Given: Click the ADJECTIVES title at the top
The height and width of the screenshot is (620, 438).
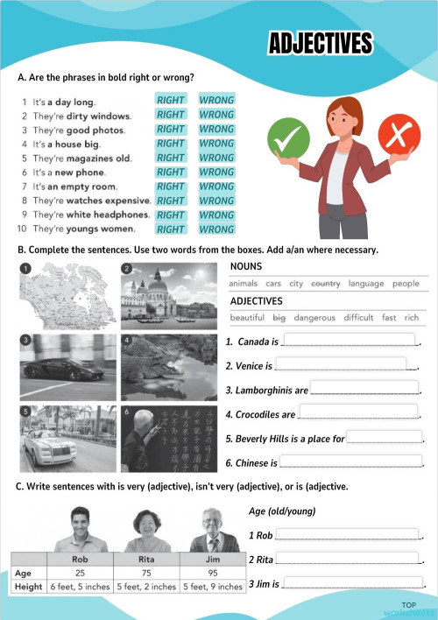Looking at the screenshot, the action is pyautogui.click(x=320, y=44).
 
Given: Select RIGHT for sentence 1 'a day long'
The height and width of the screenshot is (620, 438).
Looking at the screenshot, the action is pyautogui.click(x=170, y=100).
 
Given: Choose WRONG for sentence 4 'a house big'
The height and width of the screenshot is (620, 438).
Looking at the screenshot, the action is pyautogui.click(x=216, y=143).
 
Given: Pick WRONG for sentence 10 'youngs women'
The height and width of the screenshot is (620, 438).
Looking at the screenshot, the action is pyautogui.click(x=216, y=229).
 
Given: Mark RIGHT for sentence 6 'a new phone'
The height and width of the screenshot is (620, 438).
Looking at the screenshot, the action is pyautogui.click(x=170, y=172).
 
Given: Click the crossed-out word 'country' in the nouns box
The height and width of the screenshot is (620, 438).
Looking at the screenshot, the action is pyautogui.click(x=325, y=284).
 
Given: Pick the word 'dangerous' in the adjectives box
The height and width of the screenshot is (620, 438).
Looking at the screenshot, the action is pyautogui.click(x=314, y=317).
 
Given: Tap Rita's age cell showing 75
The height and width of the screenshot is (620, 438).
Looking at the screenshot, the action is pyautogui.click(x=146, y=573).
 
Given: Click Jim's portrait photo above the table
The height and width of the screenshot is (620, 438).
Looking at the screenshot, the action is pyautogui.click(x=213, y=529).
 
